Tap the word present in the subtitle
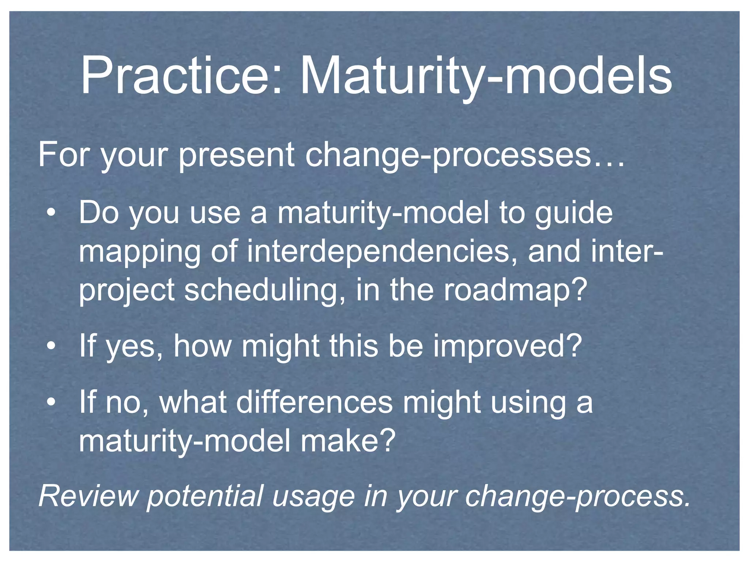tap(236, 155)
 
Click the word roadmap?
tap(516, 291)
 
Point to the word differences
tap(314, 402)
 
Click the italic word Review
tap(88, 496)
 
